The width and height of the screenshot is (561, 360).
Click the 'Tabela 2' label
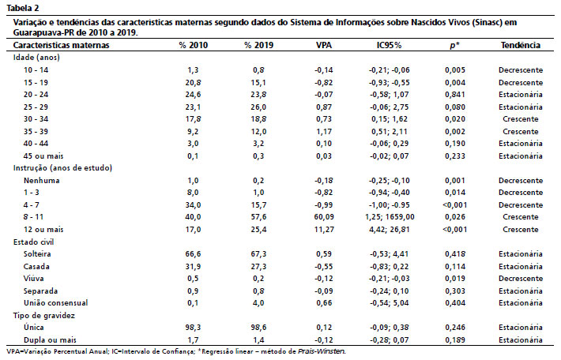23,8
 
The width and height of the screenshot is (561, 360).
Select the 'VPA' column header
324,45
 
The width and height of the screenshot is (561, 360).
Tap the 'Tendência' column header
520,45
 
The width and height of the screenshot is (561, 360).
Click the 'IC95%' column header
389,45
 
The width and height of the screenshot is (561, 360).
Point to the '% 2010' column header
194,45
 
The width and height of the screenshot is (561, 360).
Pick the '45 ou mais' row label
43,156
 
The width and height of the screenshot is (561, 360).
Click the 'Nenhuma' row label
42,181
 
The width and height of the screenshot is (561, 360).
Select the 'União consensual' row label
55,303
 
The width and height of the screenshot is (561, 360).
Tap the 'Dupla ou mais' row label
50,339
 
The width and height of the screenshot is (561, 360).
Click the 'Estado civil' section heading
34,242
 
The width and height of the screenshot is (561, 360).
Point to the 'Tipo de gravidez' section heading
44,315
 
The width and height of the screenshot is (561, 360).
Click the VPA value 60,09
324,217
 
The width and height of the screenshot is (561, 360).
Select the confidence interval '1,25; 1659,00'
390,217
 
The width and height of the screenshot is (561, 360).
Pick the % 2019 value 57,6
258,217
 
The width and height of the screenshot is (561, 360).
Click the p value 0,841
455,95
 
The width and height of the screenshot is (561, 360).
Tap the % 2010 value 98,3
194,328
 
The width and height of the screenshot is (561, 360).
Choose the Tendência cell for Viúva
520,279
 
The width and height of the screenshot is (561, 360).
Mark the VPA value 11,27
324,230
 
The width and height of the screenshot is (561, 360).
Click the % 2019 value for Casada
258,266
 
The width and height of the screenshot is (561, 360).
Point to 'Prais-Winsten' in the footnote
322,351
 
